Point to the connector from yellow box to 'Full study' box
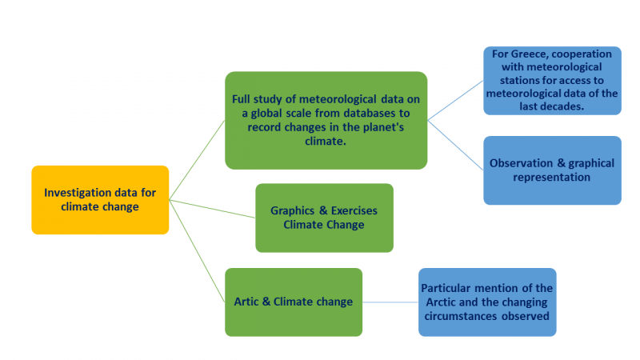197,160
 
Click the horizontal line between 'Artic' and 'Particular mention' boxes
390,302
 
